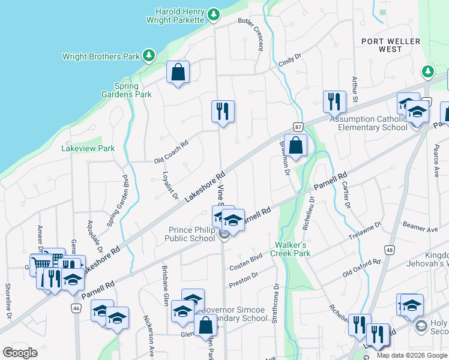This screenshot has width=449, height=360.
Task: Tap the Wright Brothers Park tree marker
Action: (148, 56)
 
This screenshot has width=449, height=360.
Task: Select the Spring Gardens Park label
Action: (133, 90)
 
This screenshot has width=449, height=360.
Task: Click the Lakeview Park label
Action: (88, 148)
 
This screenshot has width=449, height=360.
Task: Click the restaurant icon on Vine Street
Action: (223, 111)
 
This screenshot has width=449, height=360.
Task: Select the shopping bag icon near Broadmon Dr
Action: (295, 145)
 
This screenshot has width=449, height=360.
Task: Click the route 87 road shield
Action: (298, 127)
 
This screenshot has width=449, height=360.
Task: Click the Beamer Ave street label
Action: (420, 227)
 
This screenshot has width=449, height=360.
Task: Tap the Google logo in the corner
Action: (20, 353)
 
